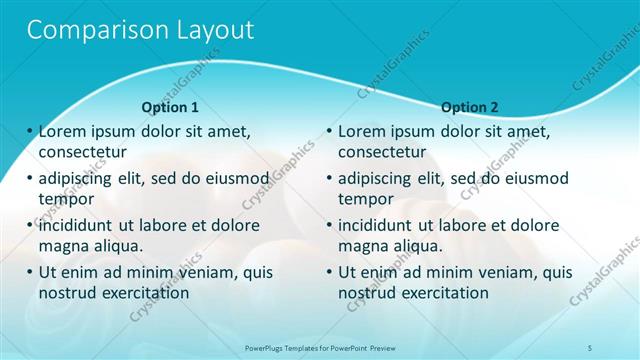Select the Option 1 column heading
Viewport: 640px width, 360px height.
click(170, 107)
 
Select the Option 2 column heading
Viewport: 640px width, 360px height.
click(469, 107)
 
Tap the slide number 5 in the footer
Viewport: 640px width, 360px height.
click(591, 347)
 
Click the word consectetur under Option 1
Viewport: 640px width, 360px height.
click(82, 152)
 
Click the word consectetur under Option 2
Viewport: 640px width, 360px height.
click(382, 152)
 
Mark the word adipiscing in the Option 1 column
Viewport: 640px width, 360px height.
click(80, 179)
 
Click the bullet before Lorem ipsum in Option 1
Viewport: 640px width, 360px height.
click(30, 131)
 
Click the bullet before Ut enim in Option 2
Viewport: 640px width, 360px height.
click(330, 272)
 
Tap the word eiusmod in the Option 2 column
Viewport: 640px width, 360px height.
click(532, 179)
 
